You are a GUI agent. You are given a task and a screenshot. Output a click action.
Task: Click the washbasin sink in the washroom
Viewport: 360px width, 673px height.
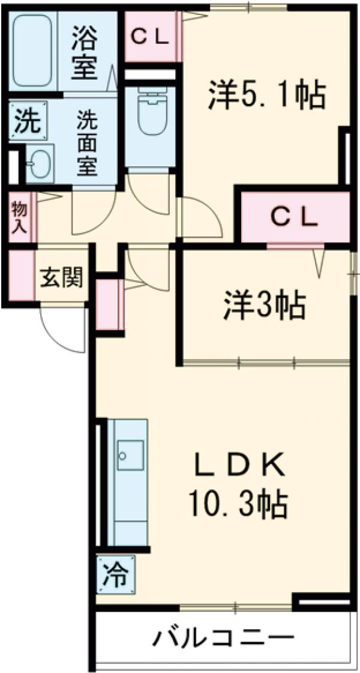click(x=40, y=162)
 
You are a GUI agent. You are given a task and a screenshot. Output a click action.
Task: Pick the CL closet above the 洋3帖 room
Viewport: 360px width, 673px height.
click(x=294, y=217)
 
